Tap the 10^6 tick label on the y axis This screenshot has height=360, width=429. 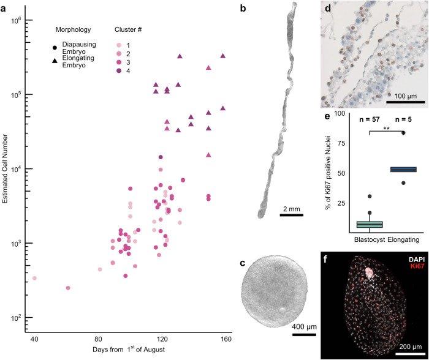(15, 20)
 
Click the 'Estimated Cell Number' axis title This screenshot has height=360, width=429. (6, 168)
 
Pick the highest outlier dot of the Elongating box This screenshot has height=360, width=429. (403, 133)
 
